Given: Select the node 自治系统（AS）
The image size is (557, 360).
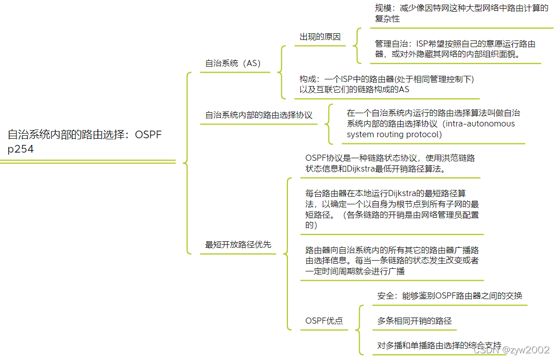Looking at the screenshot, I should (233, 63).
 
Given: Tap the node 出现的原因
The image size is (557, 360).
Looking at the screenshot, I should (320, 37).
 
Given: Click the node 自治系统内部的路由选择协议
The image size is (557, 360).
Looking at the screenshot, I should (259, 115).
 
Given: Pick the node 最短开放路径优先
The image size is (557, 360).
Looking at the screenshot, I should (238, 245).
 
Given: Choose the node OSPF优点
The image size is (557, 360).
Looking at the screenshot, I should (324, 321).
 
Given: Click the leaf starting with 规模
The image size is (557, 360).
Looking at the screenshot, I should (461, 13).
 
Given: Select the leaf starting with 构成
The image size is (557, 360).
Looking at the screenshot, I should (387, 84).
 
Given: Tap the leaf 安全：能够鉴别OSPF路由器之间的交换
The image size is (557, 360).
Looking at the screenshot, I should (450, 295).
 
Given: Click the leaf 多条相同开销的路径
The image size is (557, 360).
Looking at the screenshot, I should (415, 321).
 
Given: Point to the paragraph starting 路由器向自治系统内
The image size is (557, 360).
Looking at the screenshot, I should (392, 261).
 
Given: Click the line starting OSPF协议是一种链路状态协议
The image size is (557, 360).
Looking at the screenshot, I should (390, 158).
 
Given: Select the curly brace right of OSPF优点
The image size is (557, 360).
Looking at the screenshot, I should (361, 321).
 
